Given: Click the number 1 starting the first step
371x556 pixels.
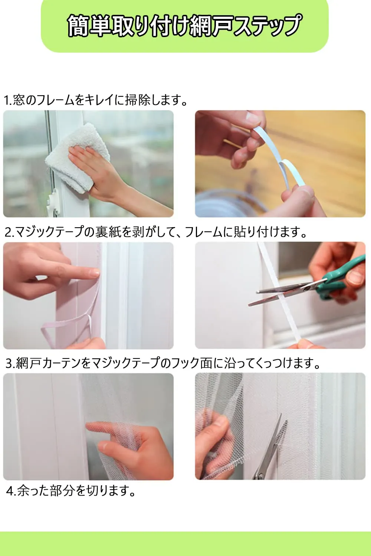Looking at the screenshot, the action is point(6,100).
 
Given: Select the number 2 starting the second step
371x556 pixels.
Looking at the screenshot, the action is point(8,232).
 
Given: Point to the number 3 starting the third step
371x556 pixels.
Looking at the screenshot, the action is point(9,364).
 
